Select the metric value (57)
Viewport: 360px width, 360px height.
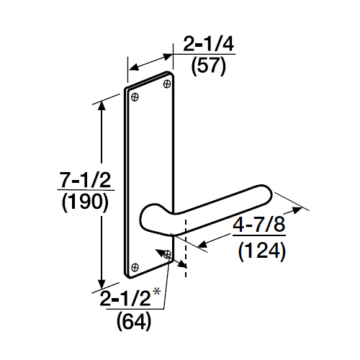point(209,68)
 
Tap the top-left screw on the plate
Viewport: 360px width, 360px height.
point(135,95)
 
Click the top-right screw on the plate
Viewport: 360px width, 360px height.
point(167,84)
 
